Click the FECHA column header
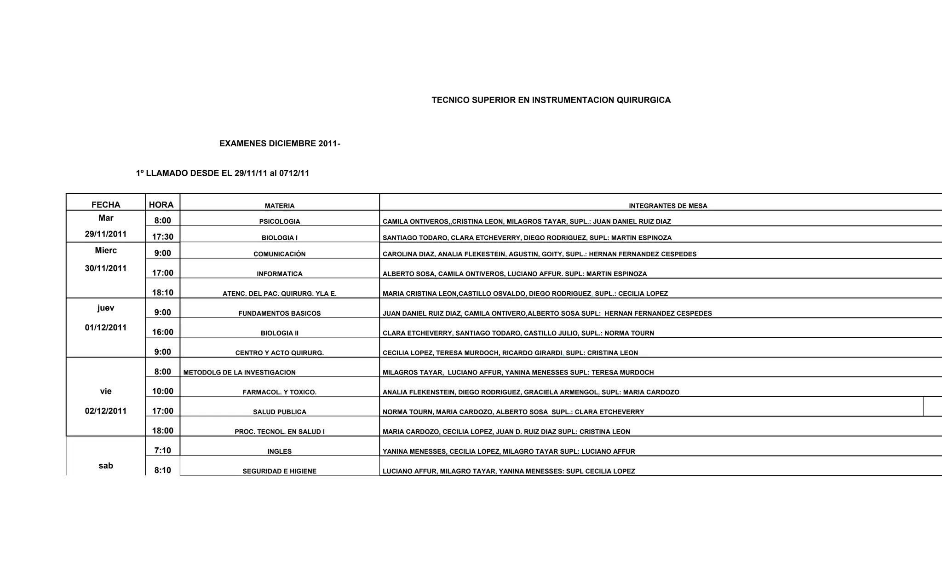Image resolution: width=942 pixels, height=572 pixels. point(106,205)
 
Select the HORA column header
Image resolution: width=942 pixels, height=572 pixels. point(161,205)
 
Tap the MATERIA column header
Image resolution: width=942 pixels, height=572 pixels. point(280,206)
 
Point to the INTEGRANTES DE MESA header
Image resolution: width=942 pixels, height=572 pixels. point(668,206)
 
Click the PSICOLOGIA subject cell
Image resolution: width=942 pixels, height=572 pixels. point(280,221)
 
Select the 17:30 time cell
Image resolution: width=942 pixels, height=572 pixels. point(163,237)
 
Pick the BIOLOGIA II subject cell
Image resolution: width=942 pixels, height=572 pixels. point(280,333)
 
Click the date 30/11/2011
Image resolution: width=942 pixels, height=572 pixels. point(106,268)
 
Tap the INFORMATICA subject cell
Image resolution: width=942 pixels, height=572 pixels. point(280,274)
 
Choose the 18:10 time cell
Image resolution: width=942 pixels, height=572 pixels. point(163,293)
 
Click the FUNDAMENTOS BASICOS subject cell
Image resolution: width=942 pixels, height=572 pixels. point(280,313)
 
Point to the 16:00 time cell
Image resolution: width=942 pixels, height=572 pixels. point(163,332)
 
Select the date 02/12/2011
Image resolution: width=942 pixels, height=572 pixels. point(106,411)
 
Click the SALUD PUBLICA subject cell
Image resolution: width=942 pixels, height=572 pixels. point(280,412)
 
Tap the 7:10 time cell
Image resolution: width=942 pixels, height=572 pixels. point(163,451)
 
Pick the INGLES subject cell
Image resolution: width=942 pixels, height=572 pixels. point(280,451)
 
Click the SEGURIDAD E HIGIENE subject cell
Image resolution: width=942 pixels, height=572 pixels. point(280,471)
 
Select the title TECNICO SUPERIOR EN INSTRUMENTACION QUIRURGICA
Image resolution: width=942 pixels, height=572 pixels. point(551,100)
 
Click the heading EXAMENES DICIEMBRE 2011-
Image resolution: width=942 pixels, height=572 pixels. point(280,143)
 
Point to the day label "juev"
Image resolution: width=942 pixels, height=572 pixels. point(106,308)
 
